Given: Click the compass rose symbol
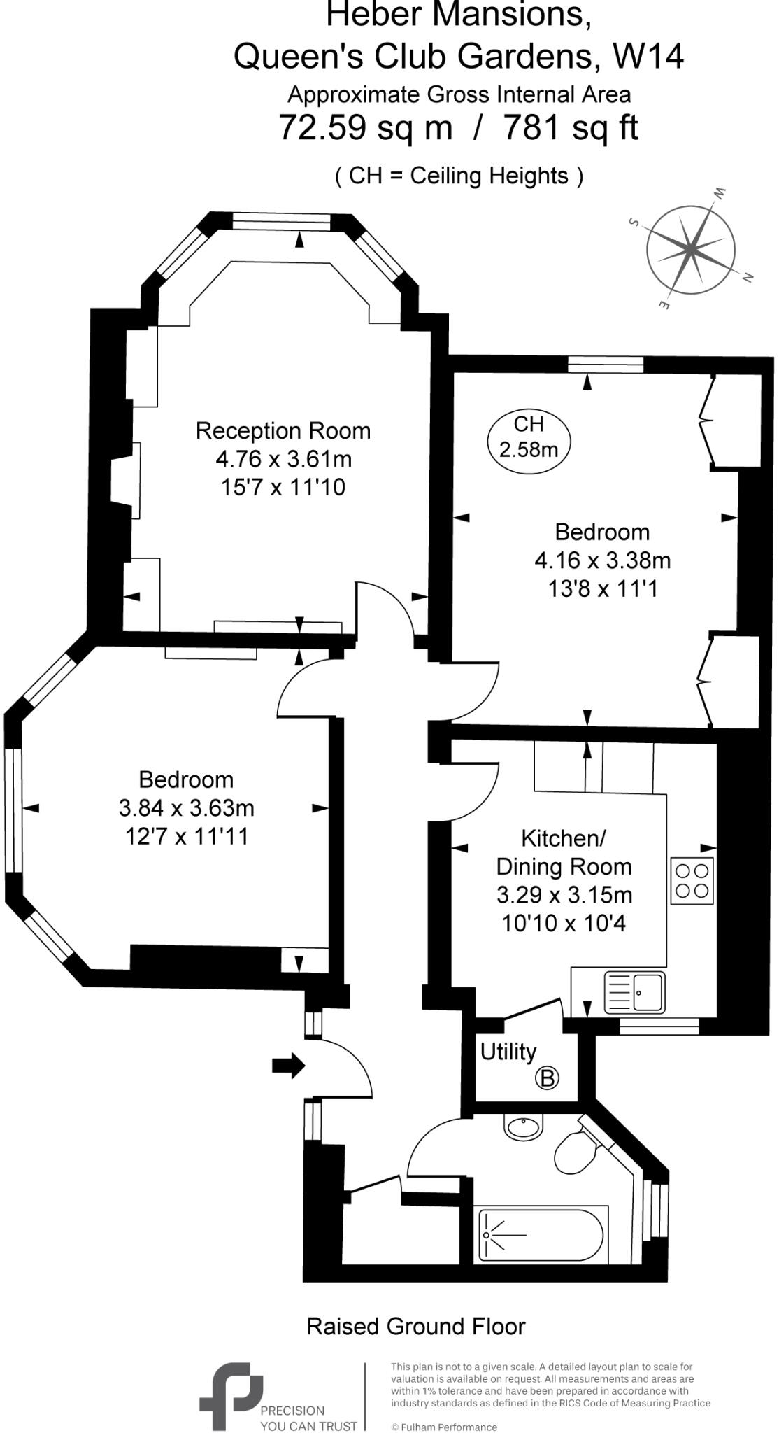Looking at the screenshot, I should point(690,248).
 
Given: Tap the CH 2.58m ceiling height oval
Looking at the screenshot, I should point(529,437).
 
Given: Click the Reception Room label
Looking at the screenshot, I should point(283,430).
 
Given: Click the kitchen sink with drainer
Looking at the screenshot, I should point(635,992).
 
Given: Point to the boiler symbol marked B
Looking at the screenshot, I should point(547,1078).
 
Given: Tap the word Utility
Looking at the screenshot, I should point(508,1052).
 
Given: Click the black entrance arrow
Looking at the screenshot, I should point(288,1066).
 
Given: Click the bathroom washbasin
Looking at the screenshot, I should point(522,1127).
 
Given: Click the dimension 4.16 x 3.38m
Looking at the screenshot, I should point(602,560).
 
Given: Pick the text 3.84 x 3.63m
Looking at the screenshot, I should point(187,808).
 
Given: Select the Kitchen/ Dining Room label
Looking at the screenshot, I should point(564,852).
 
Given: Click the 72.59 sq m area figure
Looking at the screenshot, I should point(365,128).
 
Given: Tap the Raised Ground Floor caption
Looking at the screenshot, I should point(416,1326).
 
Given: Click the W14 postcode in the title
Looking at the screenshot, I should point(648,57).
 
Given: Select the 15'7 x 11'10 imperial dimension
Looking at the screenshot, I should point(283,487).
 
